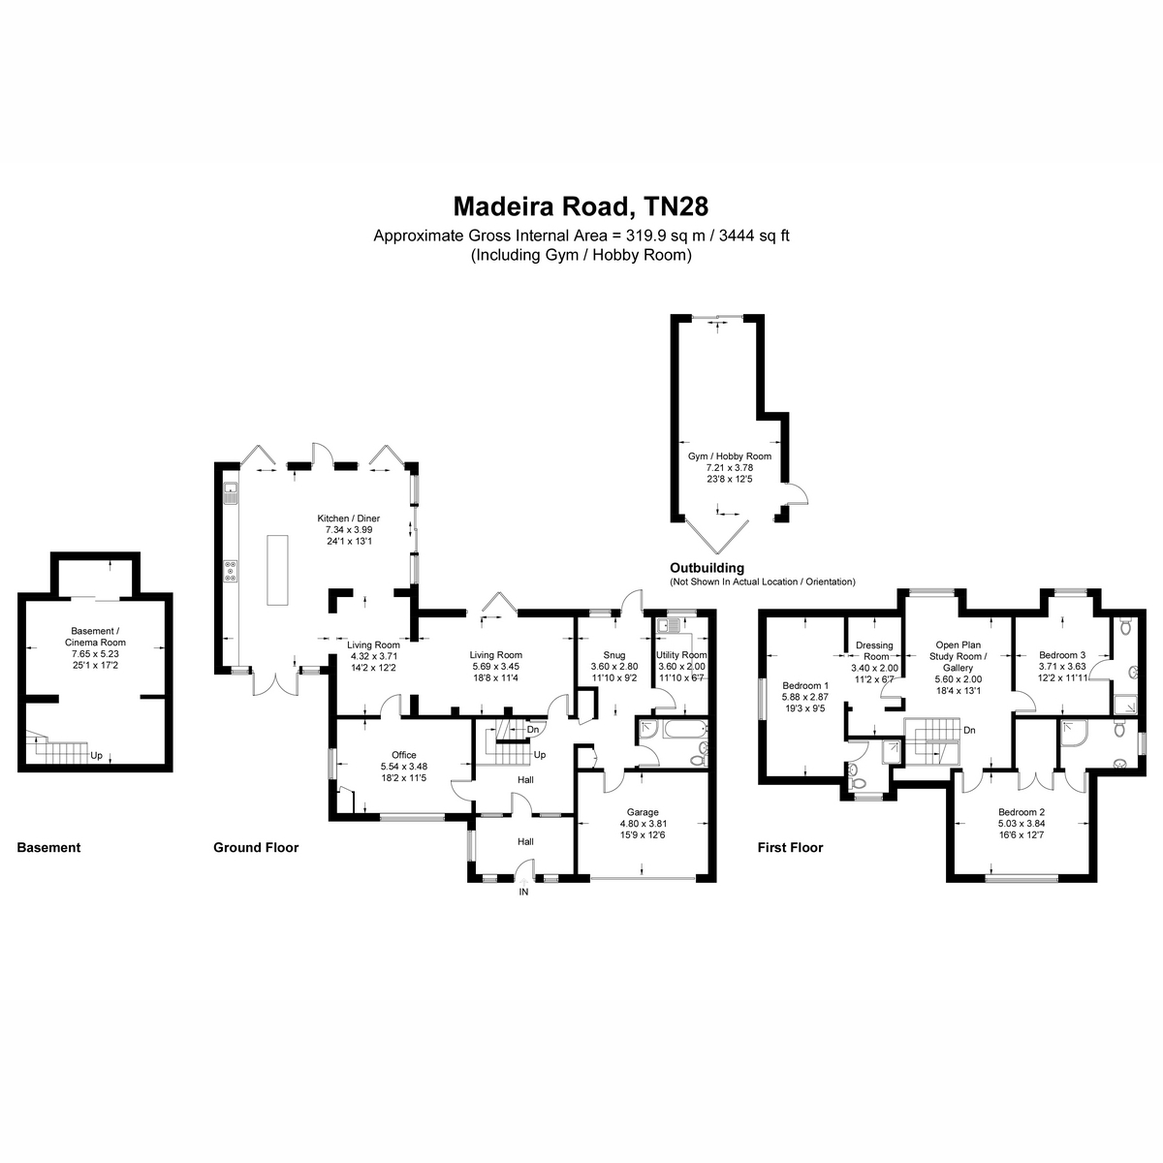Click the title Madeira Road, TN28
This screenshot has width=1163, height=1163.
point(581,206)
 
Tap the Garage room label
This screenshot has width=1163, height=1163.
point(643,812)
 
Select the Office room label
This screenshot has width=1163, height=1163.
point(404,755)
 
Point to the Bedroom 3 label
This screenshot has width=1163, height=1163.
point(1062,655)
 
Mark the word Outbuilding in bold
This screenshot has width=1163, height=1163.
point(707,568)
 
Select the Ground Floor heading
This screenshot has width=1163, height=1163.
point(256,847)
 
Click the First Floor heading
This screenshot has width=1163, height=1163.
point(790,847)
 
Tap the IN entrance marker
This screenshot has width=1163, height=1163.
point(524,891)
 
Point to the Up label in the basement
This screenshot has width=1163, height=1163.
point(96,755)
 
